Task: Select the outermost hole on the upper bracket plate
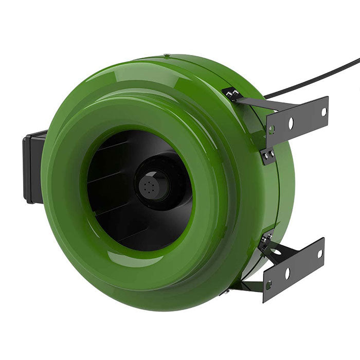[x=323, y=111]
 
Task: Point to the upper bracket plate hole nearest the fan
[x=272, y=130]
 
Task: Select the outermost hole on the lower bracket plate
[x=319, y=254]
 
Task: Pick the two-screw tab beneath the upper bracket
[x=267, y=155]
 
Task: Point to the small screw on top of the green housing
[x=166, y=56]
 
